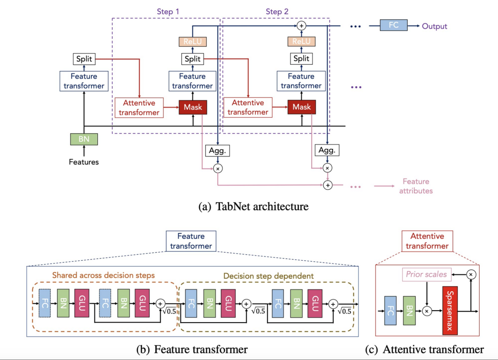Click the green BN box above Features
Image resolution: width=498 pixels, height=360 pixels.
coord(84,139)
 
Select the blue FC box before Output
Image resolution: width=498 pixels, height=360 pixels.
coord(393,26)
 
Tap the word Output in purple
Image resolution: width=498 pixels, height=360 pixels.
coord(434,26)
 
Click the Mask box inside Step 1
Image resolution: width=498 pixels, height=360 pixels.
coord(193,107)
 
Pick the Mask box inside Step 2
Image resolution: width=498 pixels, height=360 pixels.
coord(302,107)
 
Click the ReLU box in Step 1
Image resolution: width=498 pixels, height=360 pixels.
coord(193,42)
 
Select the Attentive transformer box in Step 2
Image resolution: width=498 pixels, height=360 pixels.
coord(248,108)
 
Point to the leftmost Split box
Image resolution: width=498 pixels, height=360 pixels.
coord(84,59)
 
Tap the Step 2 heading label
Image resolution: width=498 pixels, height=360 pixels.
coord(277,11)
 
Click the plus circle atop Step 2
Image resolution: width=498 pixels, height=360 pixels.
coord(302,26)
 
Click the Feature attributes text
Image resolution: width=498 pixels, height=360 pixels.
coord(416,186)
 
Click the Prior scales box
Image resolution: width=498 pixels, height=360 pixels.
coord(427,275)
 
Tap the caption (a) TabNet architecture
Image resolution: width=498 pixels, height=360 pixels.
coord(253,206)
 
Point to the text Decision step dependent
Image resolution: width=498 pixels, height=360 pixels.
coord(269,276)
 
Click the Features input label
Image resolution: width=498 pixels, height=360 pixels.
coord(84,162)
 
